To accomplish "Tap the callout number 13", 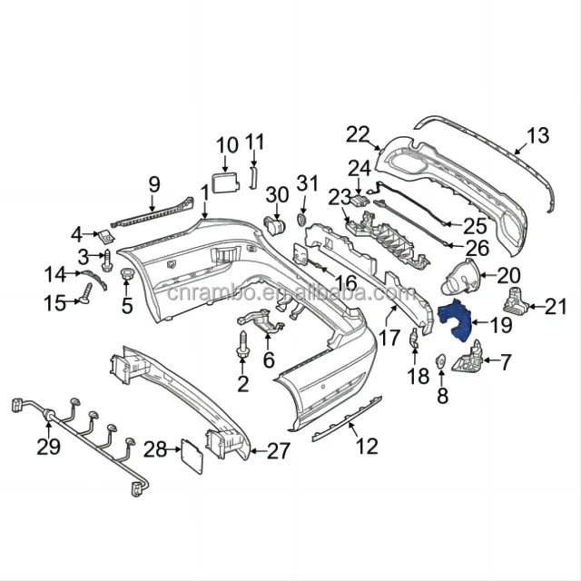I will coord(537,137).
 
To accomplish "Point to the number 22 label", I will coord(359,135).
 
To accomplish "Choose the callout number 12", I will coord(366,446).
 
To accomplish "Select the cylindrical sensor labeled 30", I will coord(272,223).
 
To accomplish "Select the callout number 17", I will coord(389,339).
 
